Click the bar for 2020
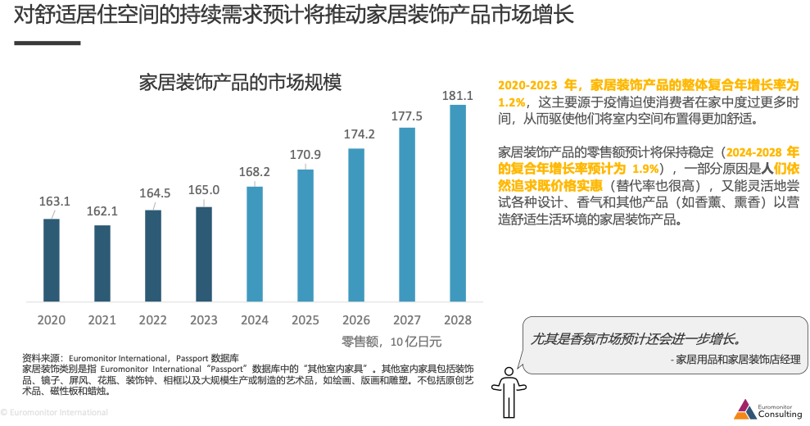click(52, 260)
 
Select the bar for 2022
click(153, 256)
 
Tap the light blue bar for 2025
click(305, 235)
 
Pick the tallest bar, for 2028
click(458, 203)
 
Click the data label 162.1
click(102, 211)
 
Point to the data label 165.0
click(204, 190)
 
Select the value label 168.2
click(255, 171)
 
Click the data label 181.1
click(458, 95)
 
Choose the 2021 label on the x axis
click(102, 320)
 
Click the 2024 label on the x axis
click(255, 320)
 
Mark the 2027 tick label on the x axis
click(407, 320)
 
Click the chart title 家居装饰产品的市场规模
click(240, 82)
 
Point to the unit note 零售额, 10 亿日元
click(391, 342)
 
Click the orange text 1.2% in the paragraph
click(511, 102)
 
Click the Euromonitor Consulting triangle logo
click(742, 409)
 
